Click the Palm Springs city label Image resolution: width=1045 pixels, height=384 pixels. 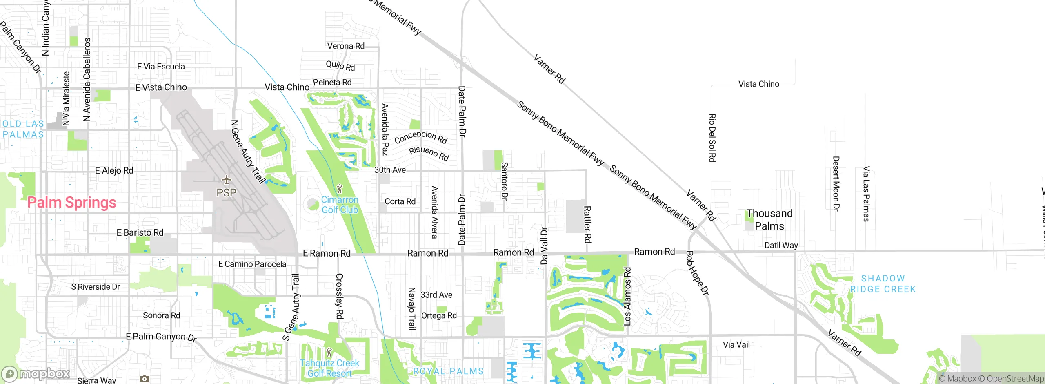pyautogui.click(x=71, y=203)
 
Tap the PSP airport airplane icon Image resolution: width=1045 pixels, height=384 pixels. pyautogui.click(x=226, y=180)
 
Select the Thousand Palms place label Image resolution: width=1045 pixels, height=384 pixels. pyautogui.click(x=769, y=220)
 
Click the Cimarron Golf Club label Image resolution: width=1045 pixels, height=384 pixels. pyautogui.click(x=340, y=205)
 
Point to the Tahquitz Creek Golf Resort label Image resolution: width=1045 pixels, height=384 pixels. pyautogui.click(x=329, y=368)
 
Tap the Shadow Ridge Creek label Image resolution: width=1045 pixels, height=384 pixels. pyautogui.click(x=883, y=284)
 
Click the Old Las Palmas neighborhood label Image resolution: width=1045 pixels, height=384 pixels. pyautogui.click(x=23, y=129)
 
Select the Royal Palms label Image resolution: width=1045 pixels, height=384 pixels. pyautogui.click(x=448, y=371)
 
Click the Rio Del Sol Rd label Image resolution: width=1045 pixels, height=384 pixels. pyautogui.click(x=712, y=138)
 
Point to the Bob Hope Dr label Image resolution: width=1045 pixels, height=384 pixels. pyautogui.click(x=697, y=273)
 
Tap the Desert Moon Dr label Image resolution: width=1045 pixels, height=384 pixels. pyautogui.click(x=836, y=183)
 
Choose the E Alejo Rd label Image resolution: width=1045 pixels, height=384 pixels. pyautogui.click(x=114, y=170)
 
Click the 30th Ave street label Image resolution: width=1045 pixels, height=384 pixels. pyautogui.click(x=390, y=170)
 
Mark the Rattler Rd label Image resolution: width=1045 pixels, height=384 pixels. pyautogui.click(x=587, y=224)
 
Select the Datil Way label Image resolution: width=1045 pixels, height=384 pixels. pyautogui.click(x=781, y=245)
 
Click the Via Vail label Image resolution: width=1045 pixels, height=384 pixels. pyautogui.click(x=736, y=345)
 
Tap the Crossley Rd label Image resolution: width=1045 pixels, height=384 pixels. pyautogui.click(x=339, y=296)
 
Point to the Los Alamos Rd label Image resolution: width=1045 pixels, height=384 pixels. pyautogui.click(x=627, y=296)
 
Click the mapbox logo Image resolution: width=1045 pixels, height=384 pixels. pyautogui.click(x=36, y=373)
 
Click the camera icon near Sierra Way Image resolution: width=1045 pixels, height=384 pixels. pyautogui.click(x=144, y=379)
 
